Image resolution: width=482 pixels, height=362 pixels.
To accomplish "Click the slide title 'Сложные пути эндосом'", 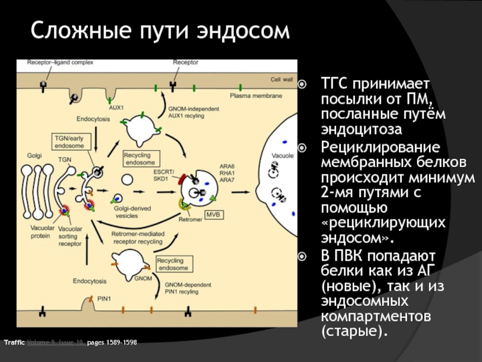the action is (160, 30).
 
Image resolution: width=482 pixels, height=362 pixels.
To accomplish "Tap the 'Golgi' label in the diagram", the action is (34, 155).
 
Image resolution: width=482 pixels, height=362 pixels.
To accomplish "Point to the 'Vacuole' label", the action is (283, 156).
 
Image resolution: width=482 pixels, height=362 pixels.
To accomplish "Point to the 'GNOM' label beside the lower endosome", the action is (143, 279).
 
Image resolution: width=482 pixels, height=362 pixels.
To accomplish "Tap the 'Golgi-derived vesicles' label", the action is (131, 211).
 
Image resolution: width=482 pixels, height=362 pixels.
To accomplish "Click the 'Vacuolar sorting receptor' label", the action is (70, 237).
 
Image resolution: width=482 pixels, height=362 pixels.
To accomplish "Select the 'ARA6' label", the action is (227, 166).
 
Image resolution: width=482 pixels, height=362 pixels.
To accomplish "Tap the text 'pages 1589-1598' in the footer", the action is (112, 343).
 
